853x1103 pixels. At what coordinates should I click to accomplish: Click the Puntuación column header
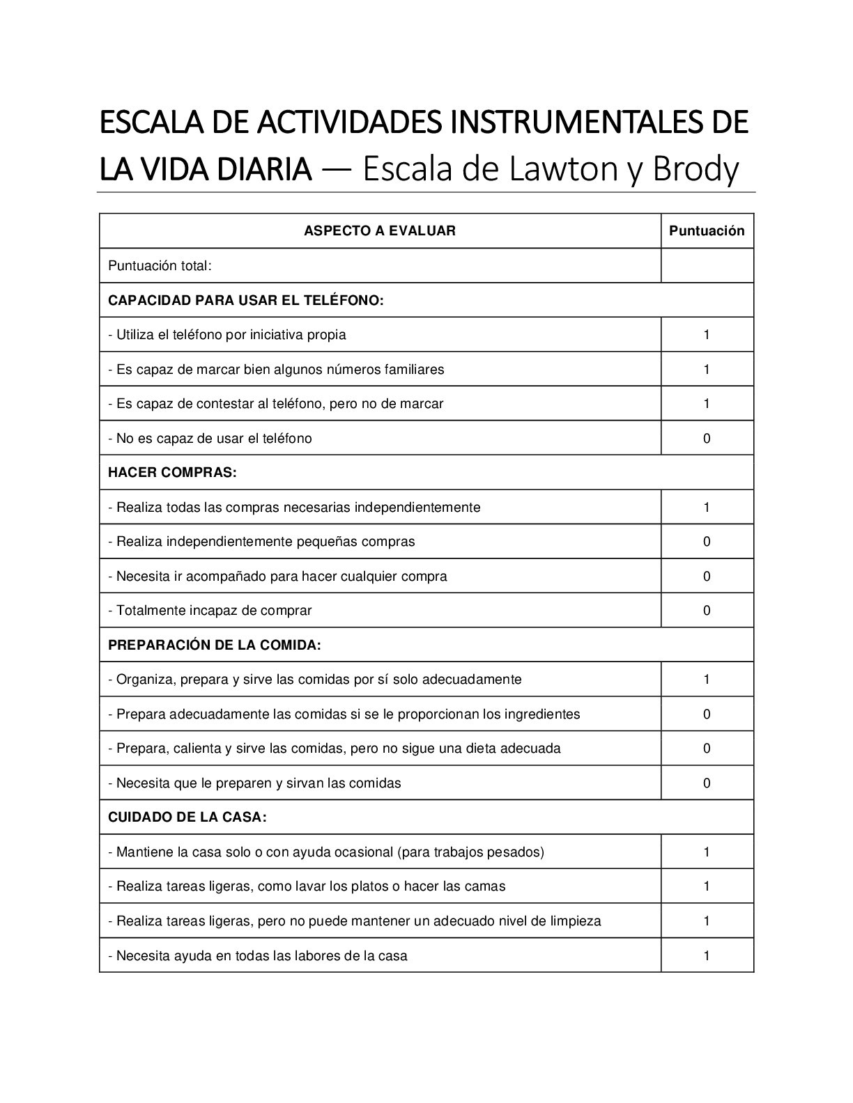[x=707, y=231]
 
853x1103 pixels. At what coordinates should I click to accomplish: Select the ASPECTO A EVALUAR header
[x=380, y=231]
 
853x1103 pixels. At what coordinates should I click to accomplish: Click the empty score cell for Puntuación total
[x=707, y=266]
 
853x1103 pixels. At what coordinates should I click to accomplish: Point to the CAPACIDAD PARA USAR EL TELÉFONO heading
[x=246, y=301]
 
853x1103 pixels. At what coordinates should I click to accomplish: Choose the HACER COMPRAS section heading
[x=172, y=473]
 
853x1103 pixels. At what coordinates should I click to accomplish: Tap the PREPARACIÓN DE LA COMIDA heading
[x=214, y=646]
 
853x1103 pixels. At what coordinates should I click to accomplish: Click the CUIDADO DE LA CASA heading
[x=187, y=818]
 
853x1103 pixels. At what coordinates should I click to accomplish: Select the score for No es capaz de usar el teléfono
[x=707, y=439]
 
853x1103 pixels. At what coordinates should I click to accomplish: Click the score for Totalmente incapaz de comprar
[x=707, y=611]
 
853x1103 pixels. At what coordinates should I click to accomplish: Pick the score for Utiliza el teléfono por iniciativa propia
[x=707, y=335]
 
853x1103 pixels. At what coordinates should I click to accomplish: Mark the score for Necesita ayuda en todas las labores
[x=707, y=956]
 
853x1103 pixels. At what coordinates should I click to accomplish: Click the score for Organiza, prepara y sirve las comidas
[x=707, y=680]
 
